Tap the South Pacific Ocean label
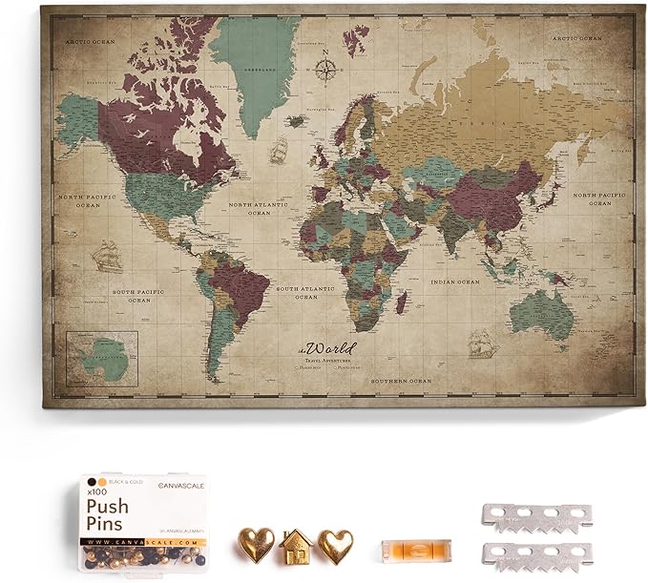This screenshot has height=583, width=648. click(x=130, y=295)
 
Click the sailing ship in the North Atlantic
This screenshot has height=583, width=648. click(x=279, y=149)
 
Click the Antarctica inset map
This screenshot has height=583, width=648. click(x=102, y=361)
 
